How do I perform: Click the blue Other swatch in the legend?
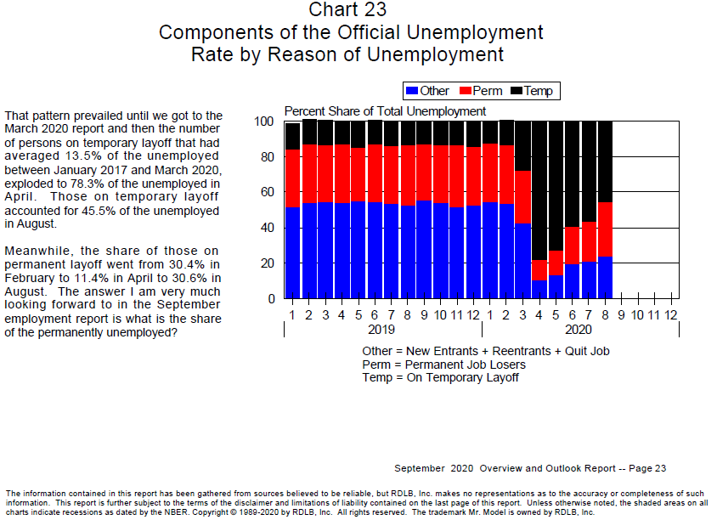click(412, 91)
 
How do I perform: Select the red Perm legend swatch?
click(466, 91)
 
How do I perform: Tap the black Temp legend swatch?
click(517, 91)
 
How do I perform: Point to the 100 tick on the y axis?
click(264, 122)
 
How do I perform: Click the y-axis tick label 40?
click(267, 228)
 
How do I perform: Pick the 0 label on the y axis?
click(271, 298)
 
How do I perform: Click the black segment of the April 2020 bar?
click(539, 190)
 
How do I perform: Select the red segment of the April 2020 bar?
click(539, 270)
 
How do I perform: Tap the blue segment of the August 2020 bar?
click(605, 278)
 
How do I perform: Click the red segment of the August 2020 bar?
click(605, 229)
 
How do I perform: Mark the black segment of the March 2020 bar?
click(522, 146)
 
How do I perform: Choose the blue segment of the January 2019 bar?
click(292, 253)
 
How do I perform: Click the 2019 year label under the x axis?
click(381, 330)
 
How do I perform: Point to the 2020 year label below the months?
click(579, 330)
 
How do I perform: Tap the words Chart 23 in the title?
click(347, 9)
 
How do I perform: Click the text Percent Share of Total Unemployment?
click(385, 111)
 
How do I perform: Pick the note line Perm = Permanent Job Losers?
click(444, 365)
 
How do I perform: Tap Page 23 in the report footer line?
click(647, 468)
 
